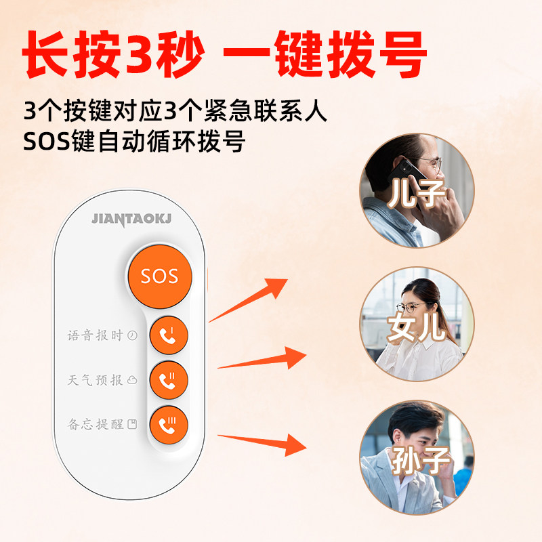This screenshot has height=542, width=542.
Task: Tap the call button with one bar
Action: coord(169,335)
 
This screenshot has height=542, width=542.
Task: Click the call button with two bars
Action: coord(169,380)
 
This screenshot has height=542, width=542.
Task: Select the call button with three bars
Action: coord(169,425)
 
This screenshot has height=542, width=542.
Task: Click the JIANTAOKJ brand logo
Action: coord(131,220)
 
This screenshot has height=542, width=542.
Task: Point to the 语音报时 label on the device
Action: coord(95,335)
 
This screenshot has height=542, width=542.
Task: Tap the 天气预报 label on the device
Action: coord(95,380)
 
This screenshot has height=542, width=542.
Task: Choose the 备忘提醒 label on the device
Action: coord(95,424)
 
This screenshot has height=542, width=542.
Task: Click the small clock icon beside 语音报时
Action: coord(132,335)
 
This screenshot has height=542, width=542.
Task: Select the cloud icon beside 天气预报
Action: coord(132,380)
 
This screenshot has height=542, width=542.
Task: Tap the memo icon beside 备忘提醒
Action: coord(132,424)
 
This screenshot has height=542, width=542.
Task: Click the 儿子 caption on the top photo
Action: coord(416,194)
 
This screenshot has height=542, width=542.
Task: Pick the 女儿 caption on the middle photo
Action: coord(416,327)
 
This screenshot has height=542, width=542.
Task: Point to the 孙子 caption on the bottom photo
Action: coord(421,460)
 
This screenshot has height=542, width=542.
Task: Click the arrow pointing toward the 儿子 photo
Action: coord(248,300)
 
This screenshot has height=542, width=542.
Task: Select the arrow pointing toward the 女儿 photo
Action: coord(262,358)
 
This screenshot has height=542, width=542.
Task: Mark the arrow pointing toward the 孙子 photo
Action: coord(262,444)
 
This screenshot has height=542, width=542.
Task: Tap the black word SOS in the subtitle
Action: coord(47,141)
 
